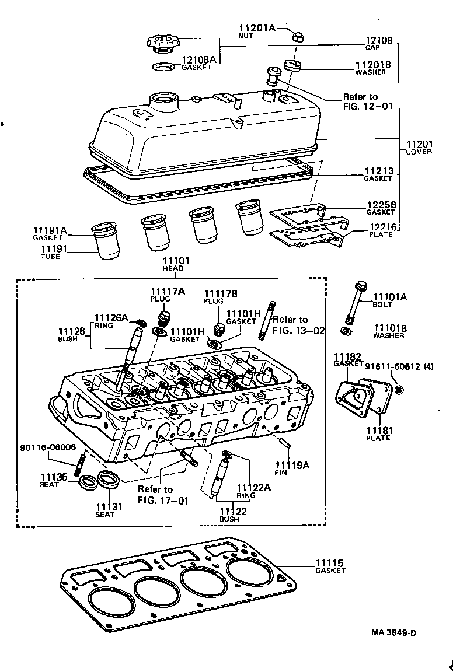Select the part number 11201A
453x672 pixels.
click(x=257, y=28)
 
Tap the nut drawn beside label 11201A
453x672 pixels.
click(x=297, y=37)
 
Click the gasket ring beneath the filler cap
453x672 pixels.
click(x=164, y=67)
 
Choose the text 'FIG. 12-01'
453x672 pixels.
click(x=368, y=106)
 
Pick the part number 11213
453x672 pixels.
click(x=379, y=171)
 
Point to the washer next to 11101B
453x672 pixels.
click(x=345, y=332)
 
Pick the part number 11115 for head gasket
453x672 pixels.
click(x=330, y=563)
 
